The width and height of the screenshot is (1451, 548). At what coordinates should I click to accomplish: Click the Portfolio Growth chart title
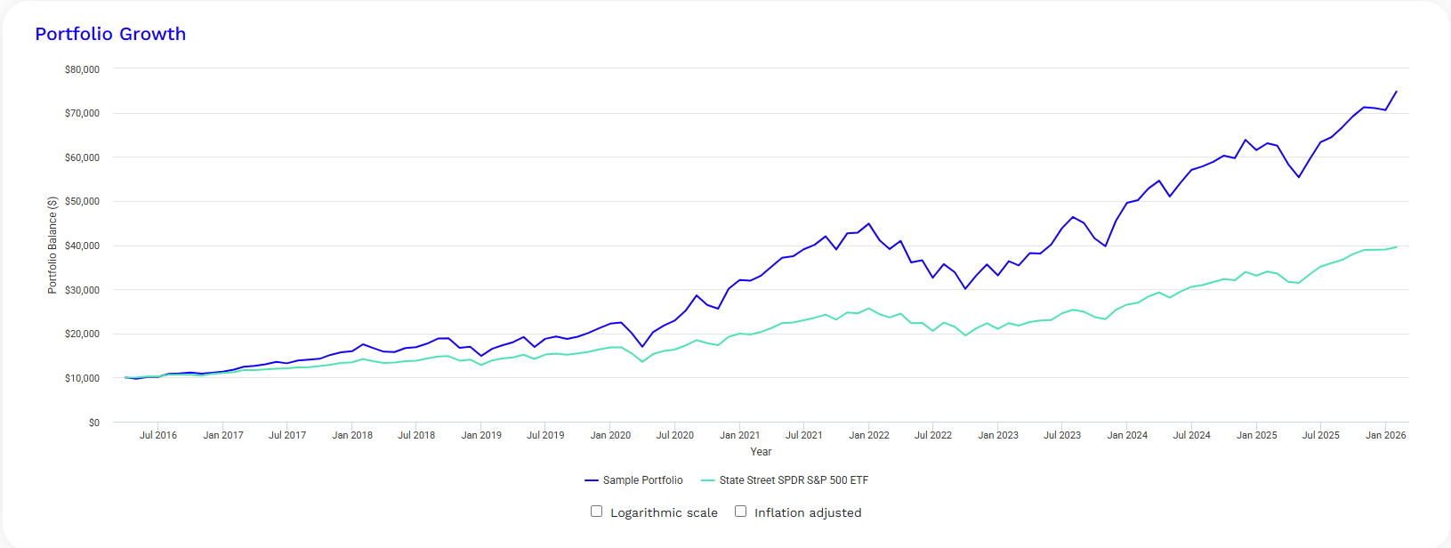tap(110, 34)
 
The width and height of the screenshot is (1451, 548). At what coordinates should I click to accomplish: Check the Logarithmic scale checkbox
tap(597, 511)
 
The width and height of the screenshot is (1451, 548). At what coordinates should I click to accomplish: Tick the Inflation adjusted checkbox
tap(740, 511)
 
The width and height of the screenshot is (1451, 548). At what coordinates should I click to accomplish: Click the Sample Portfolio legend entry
tap(633, 480)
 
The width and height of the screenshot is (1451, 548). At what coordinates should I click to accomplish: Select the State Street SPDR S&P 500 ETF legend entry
tap(785, 480)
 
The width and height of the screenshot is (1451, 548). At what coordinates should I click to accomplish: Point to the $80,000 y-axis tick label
tap(82, 69)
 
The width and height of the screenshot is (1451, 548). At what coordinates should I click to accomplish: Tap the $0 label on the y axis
tap(94, 423)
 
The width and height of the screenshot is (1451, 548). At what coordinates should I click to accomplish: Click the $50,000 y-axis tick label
tap(82, 201)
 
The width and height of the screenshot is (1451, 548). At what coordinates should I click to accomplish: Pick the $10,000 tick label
tap(82, 378)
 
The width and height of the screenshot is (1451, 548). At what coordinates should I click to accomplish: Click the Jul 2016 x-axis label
tap(158, 435)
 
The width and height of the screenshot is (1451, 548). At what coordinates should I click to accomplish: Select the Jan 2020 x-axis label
tap(610, 435)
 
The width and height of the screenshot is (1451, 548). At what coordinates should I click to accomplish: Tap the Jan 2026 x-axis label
tap(1385, 435)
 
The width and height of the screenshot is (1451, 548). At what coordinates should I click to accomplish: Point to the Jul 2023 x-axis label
tap(1061, 435)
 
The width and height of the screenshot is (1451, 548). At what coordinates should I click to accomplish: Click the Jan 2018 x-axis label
tap(352, 435)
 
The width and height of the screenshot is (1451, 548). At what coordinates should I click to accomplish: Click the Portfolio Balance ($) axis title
tap(52, 246)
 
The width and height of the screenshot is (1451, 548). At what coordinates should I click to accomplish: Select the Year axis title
tap(761, 452)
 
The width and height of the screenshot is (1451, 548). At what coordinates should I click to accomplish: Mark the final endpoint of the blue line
tap(1397, 92)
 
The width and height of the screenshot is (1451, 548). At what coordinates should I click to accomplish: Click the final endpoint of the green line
tap(1397, 246)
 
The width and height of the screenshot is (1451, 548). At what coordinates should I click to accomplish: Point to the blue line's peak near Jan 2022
tap(868, 223)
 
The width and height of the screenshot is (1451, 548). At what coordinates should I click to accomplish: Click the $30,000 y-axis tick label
tap(82, 290)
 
